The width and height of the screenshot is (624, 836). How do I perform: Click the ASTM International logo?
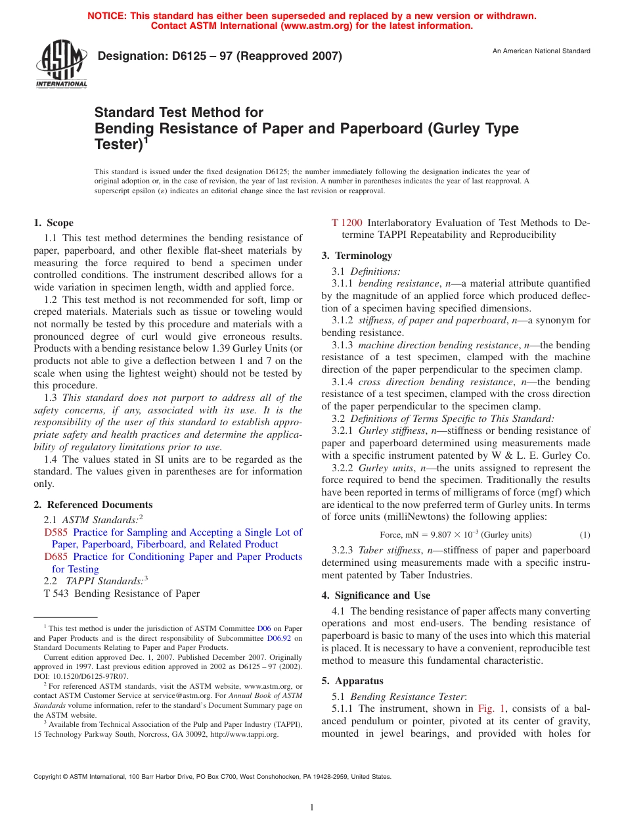(61, 64)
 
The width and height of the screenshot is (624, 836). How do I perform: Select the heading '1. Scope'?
(55, 223)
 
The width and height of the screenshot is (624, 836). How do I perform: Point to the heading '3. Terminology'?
(357, 256)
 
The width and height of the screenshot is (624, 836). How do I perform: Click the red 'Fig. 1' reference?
(491, 708)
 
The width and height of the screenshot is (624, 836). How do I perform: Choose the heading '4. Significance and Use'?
(376, 595)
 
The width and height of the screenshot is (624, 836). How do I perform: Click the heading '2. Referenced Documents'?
(93, 505)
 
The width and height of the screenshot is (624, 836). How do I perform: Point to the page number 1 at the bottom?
(312, 807)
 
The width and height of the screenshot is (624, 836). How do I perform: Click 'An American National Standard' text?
(541, 51)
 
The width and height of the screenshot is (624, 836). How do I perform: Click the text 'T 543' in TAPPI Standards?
(56, 593)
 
